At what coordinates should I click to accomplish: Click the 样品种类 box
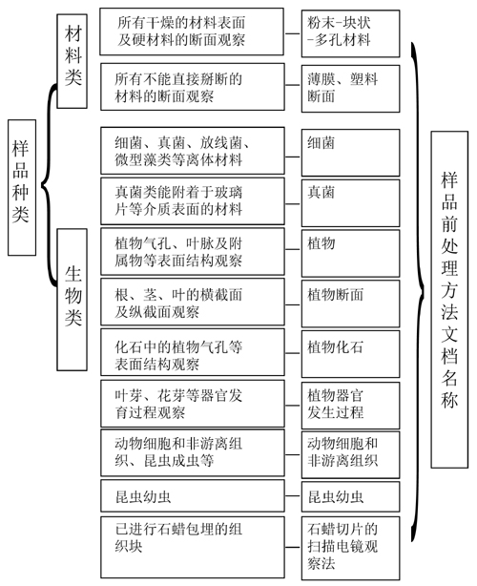coord(22,188)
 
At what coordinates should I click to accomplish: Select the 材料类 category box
coord(72,61)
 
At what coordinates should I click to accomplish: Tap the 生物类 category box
coord(72,300)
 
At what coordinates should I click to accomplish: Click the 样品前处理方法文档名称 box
coord(449,300)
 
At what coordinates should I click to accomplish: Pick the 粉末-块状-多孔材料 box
coord(350,33)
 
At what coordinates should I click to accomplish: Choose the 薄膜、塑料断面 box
coord(350,89)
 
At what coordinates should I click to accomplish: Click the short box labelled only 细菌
coord(350,153)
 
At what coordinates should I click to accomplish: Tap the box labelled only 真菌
coord(350,203)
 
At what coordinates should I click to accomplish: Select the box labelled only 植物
coord(350,253)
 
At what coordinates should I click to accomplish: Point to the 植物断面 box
coord(350,303)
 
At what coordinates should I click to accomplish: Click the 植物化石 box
coord(350,354)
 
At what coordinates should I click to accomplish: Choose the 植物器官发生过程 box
coord(350,405)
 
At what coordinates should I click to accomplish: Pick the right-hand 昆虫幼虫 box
coord(350,496)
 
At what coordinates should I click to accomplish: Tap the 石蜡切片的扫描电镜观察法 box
coord(350,548)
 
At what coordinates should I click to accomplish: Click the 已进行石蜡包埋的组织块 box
coord(193,547)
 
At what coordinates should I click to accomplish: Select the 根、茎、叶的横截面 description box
coord(193,302)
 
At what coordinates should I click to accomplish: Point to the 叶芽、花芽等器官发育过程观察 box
coord(193,404)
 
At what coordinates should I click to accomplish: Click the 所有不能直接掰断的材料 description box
coord(193,87)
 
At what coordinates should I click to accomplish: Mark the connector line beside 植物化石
coord(293,353)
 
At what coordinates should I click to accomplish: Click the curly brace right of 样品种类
coord(49,185)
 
